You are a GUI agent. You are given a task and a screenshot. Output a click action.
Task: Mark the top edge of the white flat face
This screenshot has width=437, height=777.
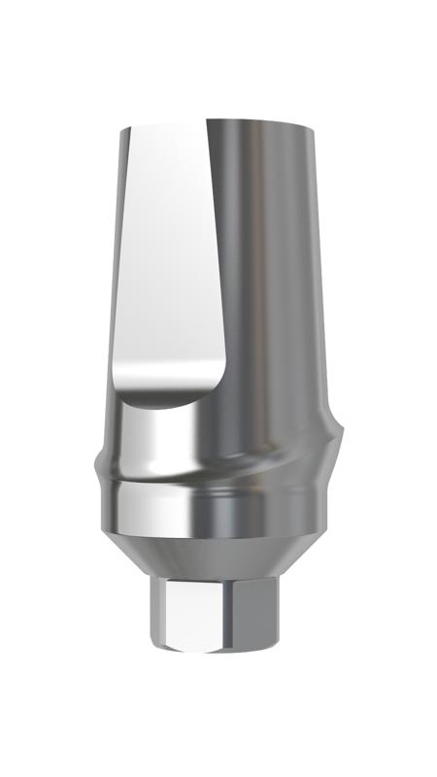[x=165, y=125]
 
